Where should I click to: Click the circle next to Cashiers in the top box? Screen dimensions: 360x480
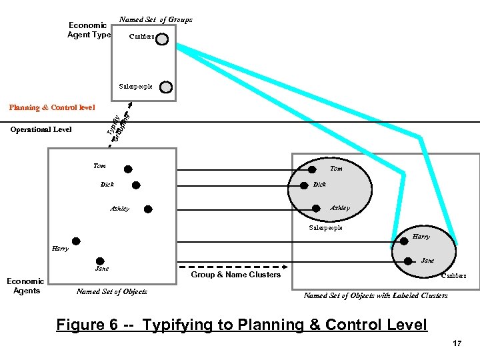pyautogui.click(x=162, y=39)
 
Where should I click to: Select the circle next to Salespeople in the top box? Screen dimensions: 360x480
pyautogui.click(x=166, y=87)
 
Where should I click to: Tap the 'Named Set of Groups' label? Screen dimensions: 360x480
pyautogui.click(x=156, y=19)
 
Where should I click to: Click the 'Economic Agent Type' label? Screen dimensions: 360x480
pyautogui.click(x=89, y=30)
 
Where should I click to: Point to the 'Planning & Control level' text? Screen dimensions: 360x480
pyautogui.click(x=51, y=107)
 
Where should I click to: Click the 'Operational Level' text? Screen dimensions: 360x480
pyautogui.click(x=41, y=129)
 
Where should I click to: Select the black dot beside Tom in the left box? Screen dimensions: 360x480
pyautogui.click(x=127, y=169)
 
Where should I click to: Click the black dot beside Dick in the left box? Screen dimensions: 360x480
pyautogui.click(x=136, y=186)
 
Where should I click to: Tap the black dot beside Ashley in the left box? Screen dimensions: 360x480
pyautogui.click(x=148, y=209)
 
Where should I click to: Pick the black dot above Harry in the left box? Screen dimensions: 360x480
pyautogui.click(x=76, y=241)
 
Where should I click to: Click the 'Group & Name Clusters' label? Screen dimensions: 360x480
pyautogui.click(x=235, y=275)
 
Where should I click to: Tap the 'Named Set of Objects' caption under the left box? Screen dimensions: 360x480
pyautogui.click(x=112, y=291)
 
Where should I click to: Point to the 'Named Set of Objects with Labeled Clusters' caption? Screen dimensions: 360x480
pyautogui.click(x=376, y=295)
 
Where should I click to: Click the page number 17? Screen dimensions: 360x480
pyautogui.click(x=457, y=343)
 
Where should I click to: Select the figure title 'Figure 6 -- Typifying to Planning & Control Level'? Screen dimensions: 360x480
pyautogui.click(x=241, y=325)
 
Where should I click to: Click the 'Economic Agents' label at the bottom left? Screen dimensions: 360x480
pyautogui.click(x=27, y=286)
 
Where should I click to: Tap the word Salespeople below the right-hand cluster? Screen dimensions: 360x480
pyautogui.click(x=325, y=228)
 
